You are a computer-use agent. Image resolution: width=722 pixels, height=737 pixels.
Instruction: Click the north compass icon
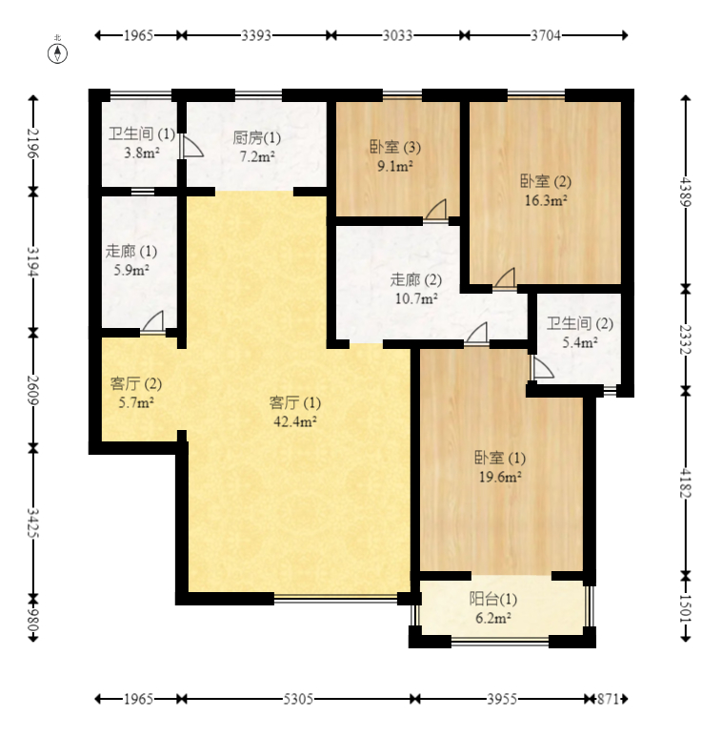(59, 51)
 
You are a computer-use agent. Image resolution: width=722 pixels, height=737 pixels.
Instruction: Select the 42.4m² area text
(294, 420)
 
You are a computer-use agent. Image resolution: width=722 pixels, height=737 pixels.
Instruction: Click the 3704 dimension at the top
(545, 35)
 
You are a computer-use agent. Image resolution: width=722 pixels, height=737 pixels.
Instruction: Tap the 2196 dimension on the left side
(33, 143)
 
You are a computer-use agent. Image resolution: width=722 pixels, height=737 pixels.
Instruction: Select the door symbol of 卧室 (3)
(436, 210)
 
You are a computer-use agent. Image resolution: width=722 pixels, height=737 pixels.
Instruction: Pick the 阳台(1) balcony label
(493, 599)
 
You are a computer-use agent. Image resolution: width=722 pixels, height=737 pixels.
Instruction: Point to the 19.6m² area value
(498, 476)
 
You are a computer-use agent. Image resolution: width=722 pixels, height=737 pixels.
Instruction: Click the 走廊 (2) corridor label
(416, 280)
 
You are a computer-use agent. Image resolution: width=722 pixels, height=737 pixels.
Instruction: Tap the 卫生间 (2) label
(579, 323)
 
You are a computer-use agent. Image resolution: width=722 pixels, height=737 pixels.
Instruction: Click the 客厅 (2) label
(135, 384)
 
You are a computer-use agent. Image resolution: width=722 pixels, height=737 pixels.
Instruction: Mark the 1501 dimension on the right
(684, 608)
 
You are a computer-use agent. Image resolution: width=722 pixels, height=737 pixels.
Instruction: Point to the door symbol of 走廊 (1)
(153, 322)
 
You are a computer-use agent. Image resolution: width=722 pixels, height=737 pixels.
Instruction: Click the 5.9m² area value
(130, 270)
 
